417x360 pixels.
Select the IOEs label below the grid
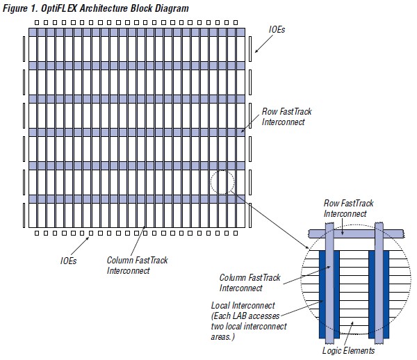67,261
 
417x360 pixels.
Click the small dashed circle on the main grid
222,183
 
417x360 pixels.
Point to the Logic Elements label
349,351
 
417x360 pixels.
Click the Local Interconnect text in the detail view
241,305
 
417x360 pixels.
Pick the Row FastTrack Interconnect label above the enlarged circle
349,208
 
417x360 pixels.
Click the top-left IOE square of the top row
33,22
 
